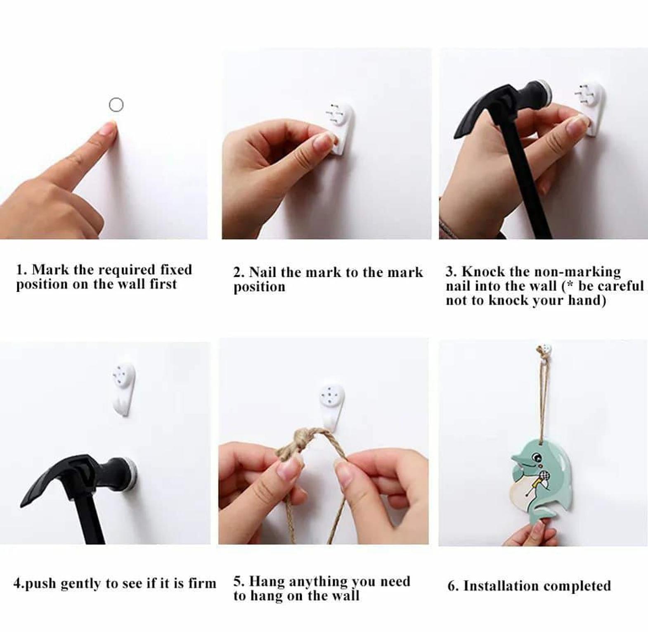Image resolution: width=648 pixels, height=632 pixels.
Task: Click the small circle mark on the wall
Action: pos(116,105)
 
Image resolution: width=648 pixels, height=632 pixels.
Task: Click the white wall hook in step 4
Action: pos(124,388)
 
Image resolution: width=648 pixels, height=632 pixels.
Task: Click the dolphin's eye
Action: pos(537,457)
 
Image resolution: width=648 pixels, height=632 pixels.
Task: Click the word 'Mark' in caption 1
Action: pos(51,270)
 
